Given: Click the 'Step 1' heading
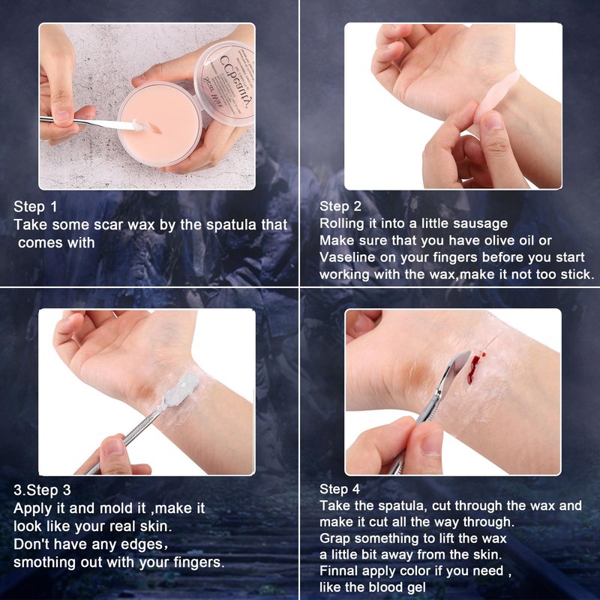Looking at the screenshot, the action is coord(35,207).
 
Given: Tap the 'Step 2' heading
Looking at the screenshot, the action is coord(340,206).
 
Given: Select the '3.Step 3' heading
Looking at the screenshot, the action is coord(42,490).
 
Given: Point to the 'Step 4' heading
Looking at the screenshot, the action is coord(340,489).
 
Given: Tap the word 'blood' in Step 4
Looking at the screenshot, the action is coord(385,587).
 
